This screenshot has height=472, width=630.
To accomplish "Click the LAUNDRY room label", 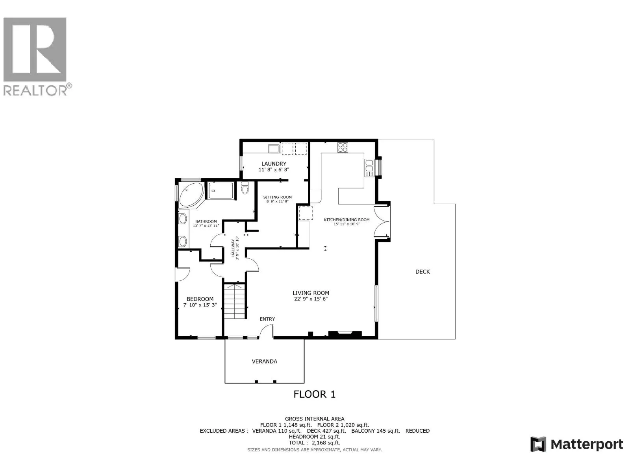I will click(274, 164).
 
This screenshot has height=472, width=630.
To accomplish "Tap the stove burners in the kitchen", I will click(343, 147).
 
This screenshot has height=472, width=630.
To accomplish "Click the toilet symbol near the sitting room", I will click(245, 188).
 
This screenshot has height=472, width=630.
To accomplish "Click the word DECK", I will click(422, 272).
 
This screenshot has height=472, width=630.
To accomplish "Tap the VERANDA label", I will click(264, 361).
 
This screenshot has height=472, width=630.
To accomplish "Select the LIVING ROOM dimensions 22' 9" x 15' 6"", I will click(310, 299).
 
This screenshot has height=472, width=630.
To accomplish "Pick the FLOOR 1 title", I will click(314, 394).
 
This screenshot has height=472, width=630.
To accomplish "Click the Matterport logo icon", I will click(538, 444).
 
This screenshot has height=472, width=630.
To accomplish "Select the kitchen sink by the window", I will click(369, 168).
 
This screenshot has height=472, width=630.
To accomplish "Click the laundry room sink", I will click(273, 149).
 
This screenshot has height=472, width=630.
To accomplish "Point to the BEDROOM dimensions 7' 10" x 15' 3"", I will click(200, 305).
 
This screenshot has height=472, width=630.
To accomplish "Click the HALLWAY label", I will click(234, 248).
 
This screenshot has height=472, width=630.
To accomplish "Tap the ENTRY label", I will click(267, 319).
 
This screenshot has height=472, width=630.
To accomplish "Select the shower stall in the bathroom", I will click(220, 191).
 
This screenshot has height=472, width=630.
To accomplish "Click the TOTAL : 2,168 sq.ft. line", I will click(314, 442).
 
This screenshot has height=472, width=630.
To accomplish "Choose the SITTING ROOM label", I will click(278, 197).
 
